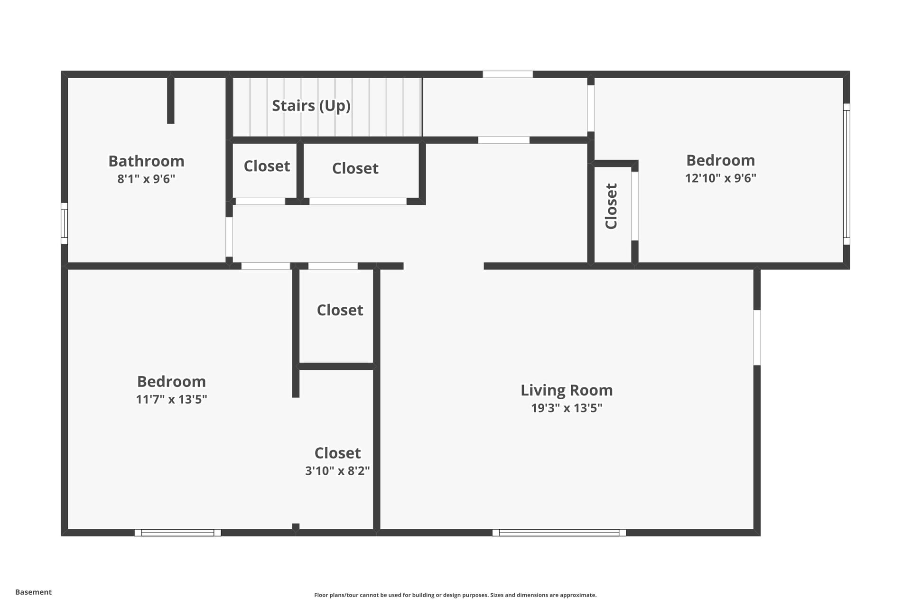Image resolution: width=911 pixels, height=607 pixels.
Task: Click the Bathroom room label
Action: tap(146, 161)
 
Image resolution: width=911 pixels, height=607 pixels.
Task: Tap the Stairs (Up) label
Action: tap(311, 106)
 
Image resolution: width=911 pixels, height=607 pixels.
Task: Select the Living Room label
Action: tap(567, 390)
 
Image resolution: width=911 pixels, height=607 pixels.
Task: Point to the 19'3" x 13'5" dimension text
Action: tap(567, 408)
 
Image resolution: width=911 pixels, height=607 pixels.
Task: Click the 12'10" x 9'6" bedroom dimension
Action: tap(720, 178)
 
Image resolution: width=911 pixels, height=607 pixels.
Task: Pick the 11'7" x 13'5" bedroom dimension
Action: tap(171, 399)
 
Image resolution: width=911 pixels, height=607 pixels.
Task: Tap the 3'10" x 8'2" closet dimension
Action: tap(337, 471)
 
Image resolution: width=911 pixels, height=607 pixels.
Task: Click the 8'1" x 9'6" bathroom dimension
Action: tap(146, 179)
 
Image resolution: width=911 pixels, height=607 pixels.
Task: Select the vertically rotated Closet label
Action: tap(611, 206)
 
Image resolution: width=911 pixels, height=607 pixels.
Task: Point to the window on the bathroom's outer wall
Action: tap(64, 223)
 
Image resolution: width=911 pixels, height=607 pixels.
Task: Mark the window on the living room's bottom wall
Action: tap(559, 533)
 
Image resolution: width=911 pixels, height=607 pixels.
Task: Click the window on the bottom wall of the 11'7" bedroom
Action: tap(177, 533)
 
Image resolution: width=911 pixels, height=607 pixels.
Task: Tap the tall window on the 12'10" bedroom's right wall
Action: tap(846, 174)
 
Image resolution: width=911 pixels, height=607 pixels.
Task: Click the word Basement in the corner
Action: tap(33, 592)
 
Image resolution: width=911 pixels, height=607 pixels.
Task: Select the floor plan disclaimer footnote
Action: tap(455, 595)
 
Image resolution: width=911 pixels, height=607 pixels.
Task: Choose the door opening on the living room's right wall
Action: tap(757, 338)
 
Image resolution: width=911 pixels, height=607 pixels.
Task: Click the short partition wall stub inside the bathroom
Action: tap(171, 100)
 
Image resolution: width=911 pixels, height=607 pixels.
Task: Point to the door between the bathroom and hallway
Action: tap(229, 237)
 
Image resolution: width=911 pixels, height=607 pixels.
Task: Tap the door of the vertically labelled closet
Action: tap(634, 206)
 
